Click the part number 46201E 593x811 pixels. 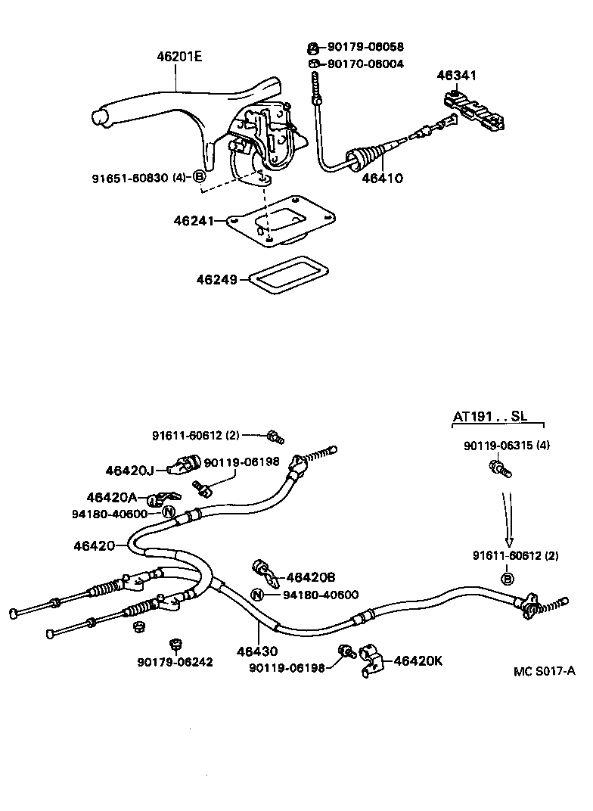pyautogui.click(x=180, y=57)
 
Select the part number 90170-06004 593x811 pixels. pyautogui.click(x=365, y=64)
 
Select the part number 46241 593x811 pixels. pyautogui.click(x=191, y=221)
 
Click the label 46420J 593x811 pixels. pyautogui.click(x=129, y=471)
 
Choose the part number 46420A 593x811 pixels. pyautogui.click(x=111, y=497)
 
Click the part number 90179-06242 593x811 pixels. pyautogui.click(x=175, y=662)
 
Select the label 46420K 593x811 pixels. pyautogui.click(x=417, y=660)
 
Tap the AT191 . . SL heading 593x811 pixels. pyautogui.click(x=489, y=417)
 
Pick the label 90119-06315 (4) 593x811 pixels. pyautogui.click(x=507, y=446)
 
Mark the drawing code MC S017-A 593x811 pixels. pyautogui.click(x=542, y=672)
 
